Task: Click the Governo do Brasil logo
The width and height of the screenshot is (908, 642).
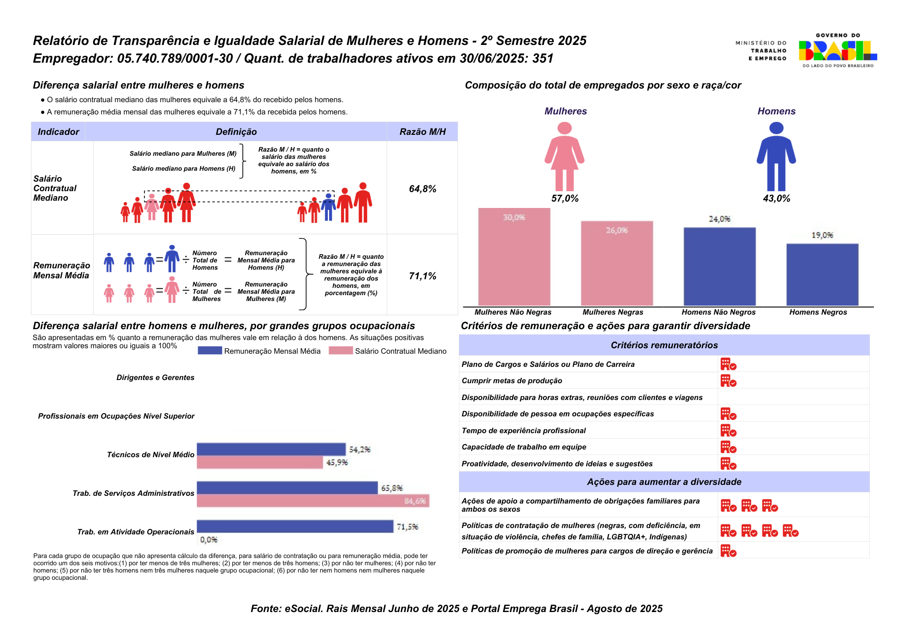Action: pyautogui.click(x=838, y=50)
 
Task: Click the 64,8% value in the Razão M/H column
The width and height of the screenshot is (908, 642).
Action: pyautogui.click(x=422, y=189)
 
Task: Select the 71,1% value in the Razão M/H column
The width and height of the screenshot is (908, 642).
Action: pyautogui.click(x=422, y=276)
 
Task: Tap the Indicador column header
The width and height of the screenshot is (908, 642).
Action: pyautogui.click(x=58, y=132)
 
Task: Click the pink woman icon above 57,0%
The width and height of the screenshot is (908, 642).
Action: pyautogui.click(x=564, y=157)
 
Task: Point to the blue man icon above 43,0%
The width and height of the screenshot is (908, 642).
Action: pyautogui.click(x=776, y=157)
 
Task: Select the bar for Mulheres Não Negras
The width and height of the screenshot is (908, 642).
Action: pyautogui.click(x=514, y=257)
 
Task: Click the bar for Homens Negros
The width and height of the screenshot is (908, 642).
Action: pyautogui.click(x=822, y=275)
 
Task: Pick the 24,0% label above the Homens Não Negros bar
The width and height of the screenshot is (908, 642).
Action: pyautogui.click(x=720, y=219)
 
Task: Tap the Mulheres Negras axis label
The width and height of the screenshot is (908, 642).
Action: pyautogui.click(x=613, y=312)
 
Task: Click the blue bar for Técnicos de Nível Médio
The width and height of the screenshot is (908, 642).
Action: pyautogui.click(x=271, y=449)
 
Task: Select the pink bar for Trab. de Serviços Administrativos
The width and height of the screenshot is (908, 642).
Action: pyautogui.click(x=313, y=501)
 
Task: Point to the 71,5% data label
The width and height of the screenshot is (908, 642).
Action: pyautogui.click(x=407, y=527)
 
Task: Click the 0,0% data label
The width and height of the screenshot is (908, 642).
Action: pyautogui.click(x=209, y=540)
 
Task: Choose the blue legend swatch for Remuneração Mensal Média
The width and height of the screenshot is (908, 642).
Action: pyautogui.click(x=210, y=351)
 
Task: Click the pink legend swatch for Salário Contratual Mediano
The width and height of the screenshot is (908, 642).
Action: pyautogui.click(x=340, y=351)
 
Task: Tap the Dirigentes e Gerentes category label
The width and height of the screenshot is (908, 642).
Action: pyautogui.click(x=155, y=378)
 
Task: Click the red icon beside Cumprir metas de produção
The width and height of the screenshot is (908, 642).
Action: pyautogui.click(x=728, y=381)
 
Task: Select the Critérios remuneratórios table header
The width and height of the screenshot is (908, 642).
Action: pyautogui.click(x=664, y=345)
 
